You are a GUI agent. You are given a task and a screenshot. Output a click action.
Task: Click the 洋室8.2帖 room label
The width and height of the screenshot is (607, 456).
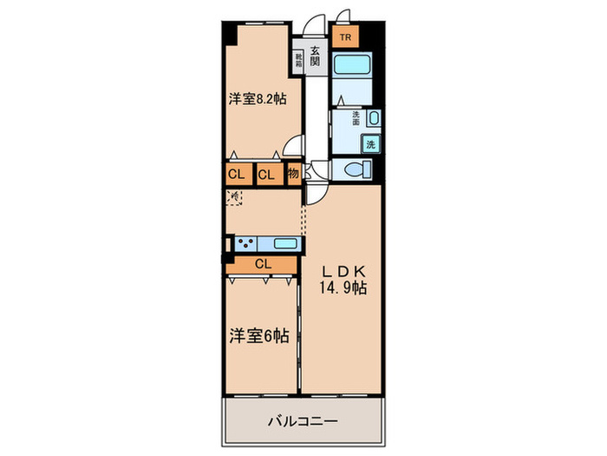[x=258, y=99]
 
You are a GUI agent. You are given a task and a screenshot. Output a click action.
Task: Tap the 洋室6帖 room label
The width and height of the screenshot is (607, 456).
[x=258, y=334]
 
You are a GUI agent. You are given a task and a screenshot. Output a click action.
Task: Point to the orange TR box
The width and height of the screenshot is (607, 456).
[x=345, y=37]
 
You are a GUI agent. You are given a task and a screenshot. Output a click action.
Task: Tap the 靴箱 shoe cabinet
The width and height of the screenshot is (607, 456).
[x=299, y=60]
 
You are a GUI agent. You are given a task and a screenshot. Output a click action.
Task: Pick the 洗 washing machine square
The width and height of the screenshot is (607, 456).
[x=371, y=144]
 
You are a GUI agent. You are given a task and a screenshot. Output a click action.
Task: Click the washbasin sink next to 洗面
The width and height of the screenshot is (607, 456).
[x=373, y=119]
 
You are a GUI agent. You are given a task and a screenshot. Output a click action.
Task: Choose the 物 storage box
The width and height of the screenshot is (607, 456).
[x=294, y=173]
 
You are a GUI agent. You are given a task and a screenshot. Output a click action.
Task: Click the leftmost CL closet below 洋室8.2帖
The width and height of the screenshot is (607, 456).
[x=236, y=174]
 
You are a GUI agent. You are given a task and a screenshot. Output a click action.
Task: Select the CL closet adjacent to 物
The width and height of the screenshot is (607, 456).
[x=266, y=174]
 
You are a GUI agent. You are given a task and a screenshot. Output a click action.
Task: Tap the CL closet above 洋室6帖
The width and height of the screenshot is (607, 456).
[x=264, y=264]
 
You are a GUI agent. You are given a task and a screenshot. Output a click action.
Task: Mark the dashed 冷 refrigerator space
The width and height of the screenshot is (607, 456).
[x=234, y=199]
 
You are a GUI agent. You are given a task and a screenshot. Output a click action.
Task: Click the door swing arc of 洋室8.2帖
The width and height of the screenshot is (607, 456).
[x=297, y=149]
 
